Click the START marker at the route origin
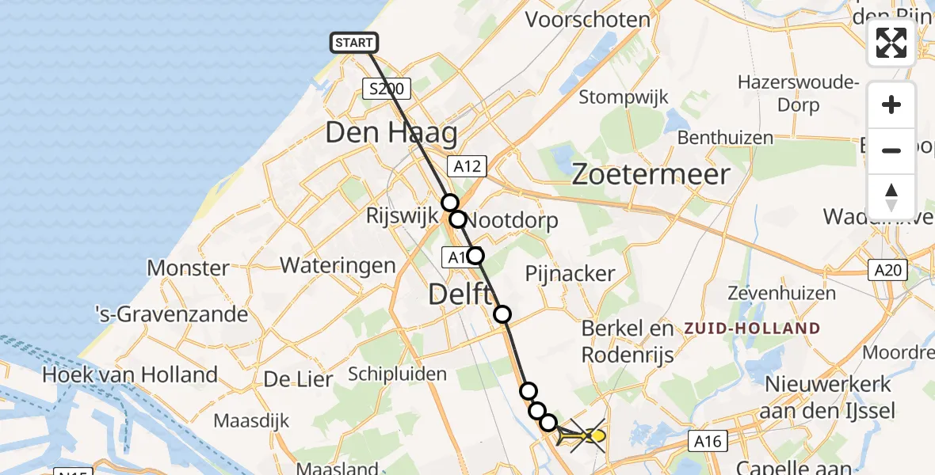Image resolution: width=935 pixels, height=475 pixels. tap(353, 43)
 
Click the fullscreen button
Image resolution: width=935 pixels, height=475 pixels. tap(891, 43)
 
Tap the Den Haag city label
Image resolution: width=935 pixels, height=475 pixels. tap(391, 132)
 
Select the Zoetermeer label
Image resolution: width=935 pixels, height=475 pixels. tap(651, 174)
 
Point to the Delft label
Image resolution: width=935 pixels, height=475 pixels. tap(460, 294)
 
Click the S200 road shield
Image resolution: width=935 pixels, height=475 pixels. tap(387, 89)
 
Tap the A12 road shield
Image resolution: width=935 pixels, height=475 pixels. tap(466, 165)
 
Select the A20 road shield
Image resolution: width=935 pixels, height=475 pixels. tap(887, 271)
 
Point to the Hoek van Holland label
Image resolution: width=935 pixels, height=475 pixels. tap(132, 374)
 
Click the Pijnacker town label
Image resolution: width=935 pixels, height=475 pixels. tap(571, 274)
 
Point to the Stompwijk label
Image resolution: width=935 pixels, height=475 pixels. tap(624, 97)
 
